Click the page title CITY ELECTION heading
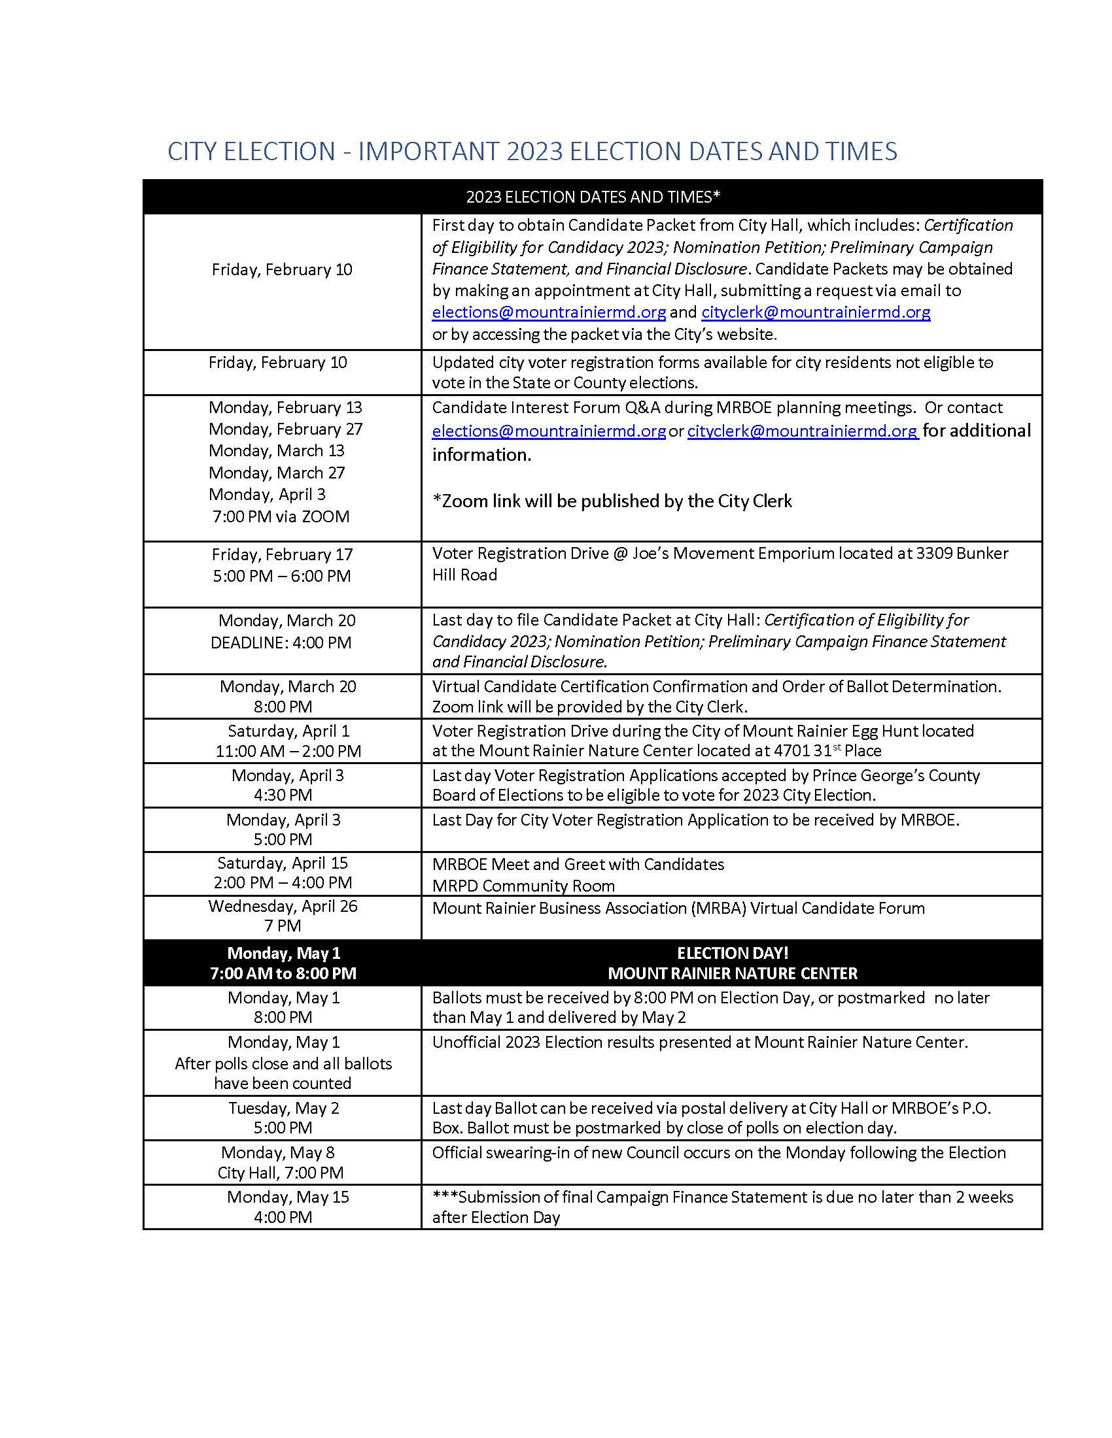coord(532,152)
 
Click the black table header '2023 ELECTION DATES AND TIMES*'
coord(593,197)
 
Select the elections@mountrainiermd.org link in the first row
coord(549,312)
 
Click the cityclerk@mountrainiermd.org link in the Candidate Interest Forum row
coord(803,431)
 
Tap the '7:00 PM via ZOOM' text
coord(281,516)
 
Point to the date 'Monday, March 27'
coord(277,473)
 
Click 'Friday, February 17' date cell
coord(282,554)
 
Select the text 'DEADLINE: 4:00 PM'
coord(281,643)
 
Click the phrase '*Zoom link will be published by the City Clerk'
coord(612,501)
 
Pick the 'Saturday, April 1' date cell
coord(288,731)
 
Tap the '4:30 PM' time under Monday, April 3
coord(283,795)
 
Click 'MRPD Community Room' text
coord(523,886)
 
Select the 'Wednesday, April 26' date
coord(283,906)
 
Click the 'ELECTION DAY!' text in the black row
coord(732,953)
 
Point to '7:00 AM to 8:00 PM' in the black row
coord(283,973)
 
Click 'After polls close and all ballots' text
coord(283,1063)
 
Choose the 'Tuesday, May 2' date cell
coord(283,1108)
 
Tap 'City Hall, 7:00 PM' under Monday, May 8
coord(281,1173)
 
